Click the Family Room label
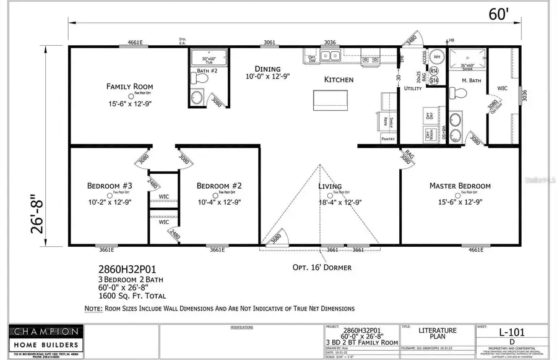click(129, 87)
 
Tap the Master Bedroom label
click(460, 186)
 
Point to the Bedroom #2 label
click(218, 186)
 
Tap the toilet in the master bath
click(459, 93)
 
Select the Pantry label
click(388, 139)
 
